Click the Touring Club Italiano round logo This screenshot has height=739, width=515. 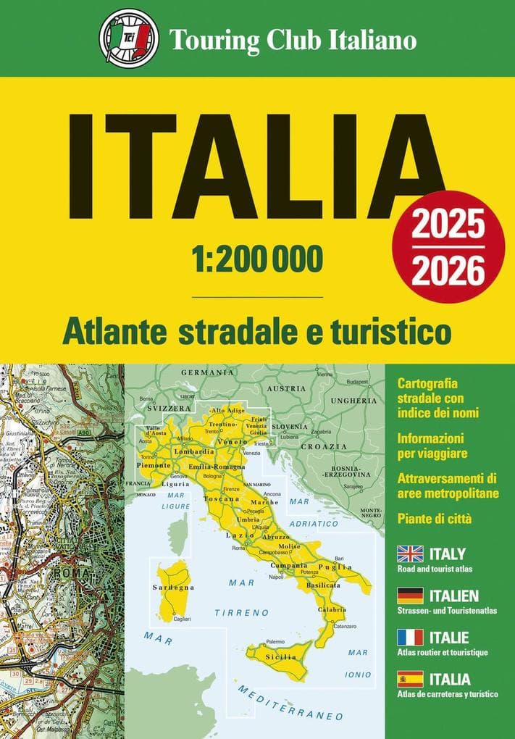click(129, 37)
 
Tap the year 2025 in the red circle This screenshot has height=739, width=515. click(448, 226)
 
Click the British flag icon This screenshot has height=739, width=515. click(410, 554)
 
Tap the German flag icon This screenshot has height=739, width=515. click(410, 596)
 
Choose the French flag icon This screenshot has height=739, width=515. click(410, 638)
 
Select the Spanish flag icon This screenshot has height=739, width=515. click(410, 680)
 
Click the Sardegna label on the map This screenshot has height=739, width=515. click(172, 587)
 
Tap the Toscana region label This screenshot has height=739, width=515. click(222, 499)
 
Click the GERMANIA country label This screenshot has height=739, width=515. click(208, 372)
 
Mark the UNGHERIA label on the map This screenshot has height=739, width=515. click(353, 400)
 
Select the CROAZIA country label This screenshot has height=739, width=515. click(341, 446)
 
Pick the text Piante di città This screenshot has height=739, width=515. click(435, 519)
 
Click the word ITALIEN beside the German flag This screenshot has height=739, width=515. click(454, 596)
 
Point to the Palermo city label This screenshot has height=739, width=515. click(275, 642)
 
